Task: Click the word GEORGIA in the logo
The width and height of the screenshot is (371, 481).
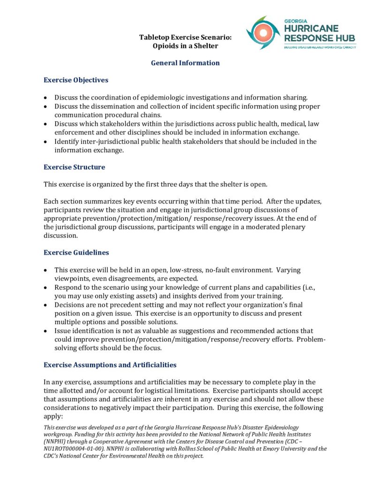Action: tap(296, 21)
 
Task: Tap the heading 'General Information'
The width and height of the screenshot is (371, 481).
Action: tap(185, 63)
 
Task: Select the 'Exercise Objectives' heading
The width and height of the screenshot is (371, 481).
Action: tap(76, 80)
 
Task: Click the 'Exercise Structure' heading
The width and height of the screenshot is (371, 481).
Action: tap(74, 167)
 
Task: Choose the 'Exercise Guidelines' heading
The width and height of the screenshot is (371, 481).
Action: tap(76, 252)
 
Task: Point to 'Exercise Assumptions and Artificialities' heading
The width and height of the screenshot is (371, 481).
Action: tap(110, 365)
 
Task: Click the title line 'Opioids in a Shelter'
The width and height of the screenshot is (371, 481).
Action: tap(185, 46)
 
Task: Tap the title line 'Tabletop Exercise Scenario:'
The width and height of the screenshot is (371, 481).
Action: tap(185, 37)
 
